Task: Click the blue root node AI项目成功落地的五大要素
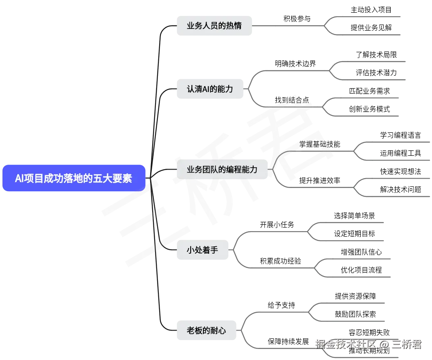pos(74,178)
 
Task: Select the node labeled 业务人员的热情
pos(214,25)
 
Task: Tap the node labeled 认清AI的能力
pos(210,89)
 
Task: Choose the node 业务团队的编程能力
pos(222,169)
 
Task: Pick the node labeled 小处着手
pos(202,250)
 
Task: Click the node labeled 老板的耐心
pos(207,330)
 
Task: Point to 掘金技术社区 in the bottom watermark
pos(345,344)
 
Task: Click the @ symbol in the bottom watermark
pos(383,344)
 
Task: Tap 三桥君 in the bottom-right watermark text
pos(405,344)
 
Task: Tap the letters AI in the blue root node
pos(20,179)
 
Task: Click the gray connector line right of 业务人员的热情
pos(286,25)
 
